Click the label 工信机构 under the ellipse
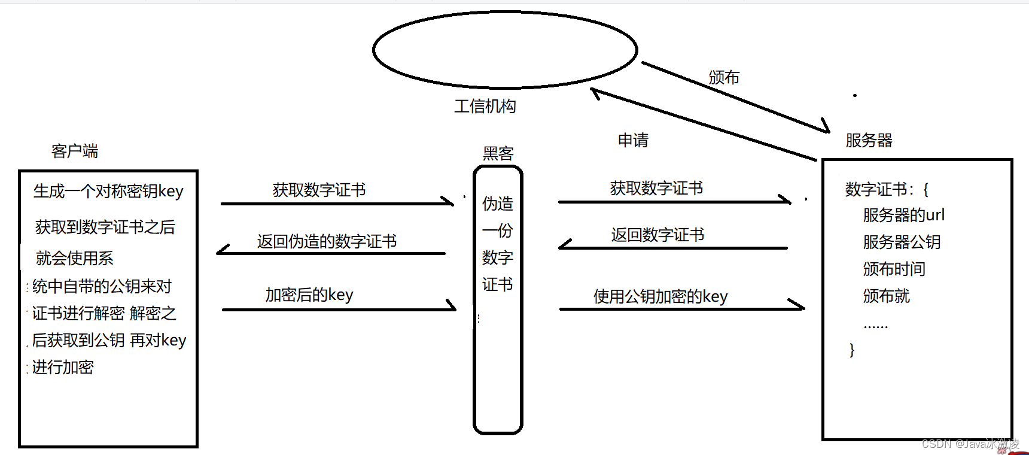tap(485, 107)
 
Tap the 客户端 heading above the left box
tap(75, 151)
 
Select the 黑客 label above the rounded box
tap(498, 154)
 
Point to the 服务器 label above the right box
tap(869, 141)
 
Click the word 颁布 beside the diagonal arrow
tap(724, 78)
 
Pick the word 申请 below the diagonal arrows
tap(633, 141)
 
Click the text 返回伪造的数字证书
tap(327, 241)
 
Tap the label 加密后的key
tap(309, 295)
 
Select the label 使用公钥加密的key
tap(660, 296)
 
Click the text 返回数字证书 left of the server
tap(657, 235)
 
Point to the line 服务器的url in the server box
tap(903, 215)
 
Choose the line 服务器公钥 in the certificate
tap(902, 242)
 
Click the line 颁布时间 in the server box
tap(894, 269)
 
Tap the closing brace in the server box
tap(852, 350)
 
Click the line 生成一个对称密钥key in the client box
tap(108, 191)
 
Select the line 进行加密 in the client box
tap(63, 367)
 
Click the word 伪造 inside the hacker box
tap(498, 204)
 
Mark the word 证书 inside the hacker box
tap(498, 284)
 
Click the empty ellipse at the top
tap(505, 50)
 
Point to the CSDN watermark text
tap(970, 444)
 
